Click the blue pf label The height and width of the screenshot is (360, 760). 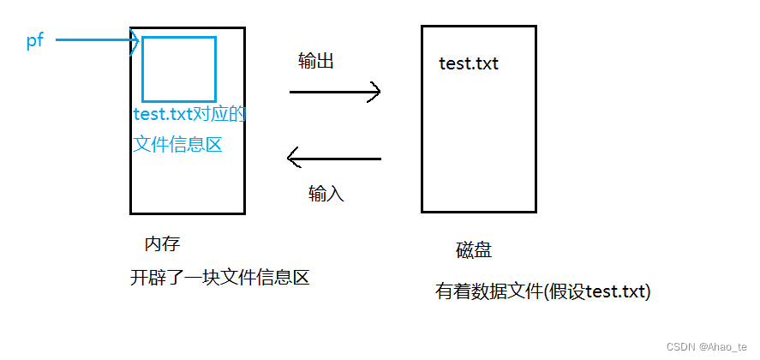[x=35, y=40]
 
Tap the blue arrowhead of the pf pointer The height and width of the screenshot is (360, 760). [x=135, y=40]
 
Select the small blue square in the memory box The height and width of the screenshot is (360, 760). [x=178, y=69]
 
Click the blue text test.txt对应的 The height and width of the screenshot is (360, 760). [x=189, y=115]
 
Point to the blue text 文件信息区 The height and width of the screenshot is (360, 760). [x=177, y=145]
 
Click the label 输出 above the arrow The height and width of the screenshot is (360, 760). [x=315, y=62]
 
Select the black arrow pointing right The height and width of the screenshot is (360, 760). [x=334, y=91]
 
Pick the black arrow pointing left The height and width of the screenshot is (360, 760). [x=334, y=159]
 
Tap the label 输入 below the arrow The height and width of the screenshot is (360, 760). [x=326, y=194]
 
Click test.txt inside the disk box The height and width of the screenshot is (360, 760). [x=468, y=63]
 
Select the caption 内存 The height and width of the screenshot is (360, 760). [x=163, y=244]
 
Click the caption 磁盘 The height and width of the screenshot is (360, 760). [x=474, y=250]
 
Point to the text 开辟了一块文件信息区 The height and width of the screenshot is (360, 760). [x=218, y=277]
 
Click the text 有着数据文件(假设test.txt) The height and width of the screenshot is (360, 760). [x=543, y=291]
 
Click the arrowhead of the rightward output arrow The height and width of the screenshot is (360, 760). [x=374, y=91]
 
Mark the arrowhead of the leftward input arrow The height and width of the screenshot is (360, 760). [x=293, y=159]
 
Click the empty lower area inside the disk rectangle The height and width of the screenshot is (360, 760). [x=478, y=163]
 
